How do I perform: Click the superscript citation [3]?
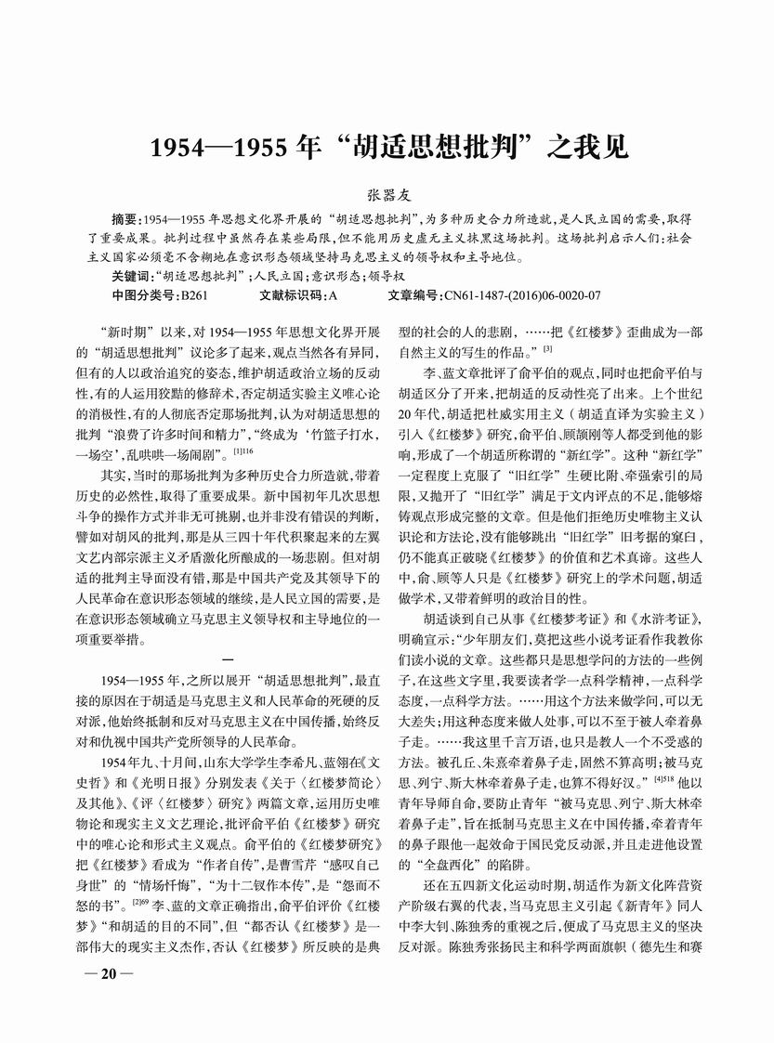pyautogui.click(x=547, y=348)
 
